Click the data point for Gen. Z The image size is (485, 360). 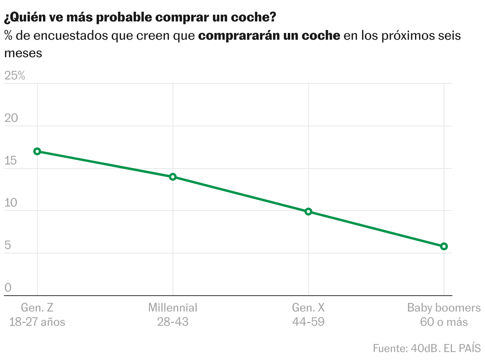[x=37, y=151]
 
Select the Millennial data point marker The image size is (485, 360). [x=173, y=177]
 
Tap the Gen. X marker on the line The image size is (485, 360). [x=308, y=212]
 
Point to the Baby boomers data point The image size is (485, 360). [x=444, y=246]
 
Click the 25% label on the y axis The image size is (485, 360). [x=15, y=76]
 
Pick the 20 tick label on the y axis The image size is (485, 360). [x=12, y=118]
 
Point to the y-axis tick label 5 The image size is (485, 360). [x=8, y=246]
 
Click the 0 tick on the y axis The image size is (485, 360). [x=8, y=288]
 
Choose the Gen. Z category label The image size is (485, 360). [x=37, y=308]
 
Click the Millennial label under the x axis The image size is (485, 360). [x=173, y=308]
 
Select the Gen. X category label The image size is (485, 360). [x=308, y=308]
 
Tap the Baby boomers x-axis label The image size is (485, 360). [x=444, y=308]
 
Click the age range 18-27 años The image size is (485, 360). [x=37, y=321]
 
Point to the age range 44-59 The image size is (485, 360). [x=308, y=321]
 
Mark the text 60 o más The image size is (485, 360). [x=444, y=321]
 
